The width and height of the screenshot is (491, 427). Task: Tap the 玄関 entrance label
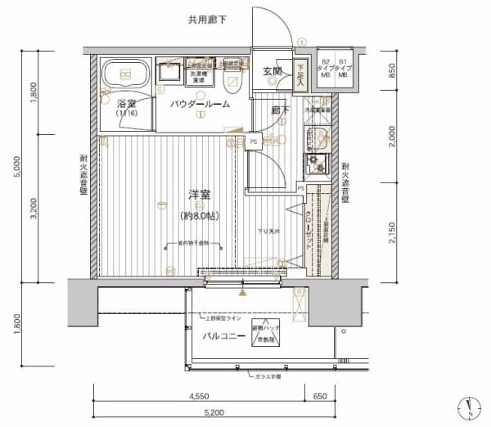click(273, 73)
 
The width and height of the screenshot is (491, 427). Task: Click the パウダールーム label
click(199, 105)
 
